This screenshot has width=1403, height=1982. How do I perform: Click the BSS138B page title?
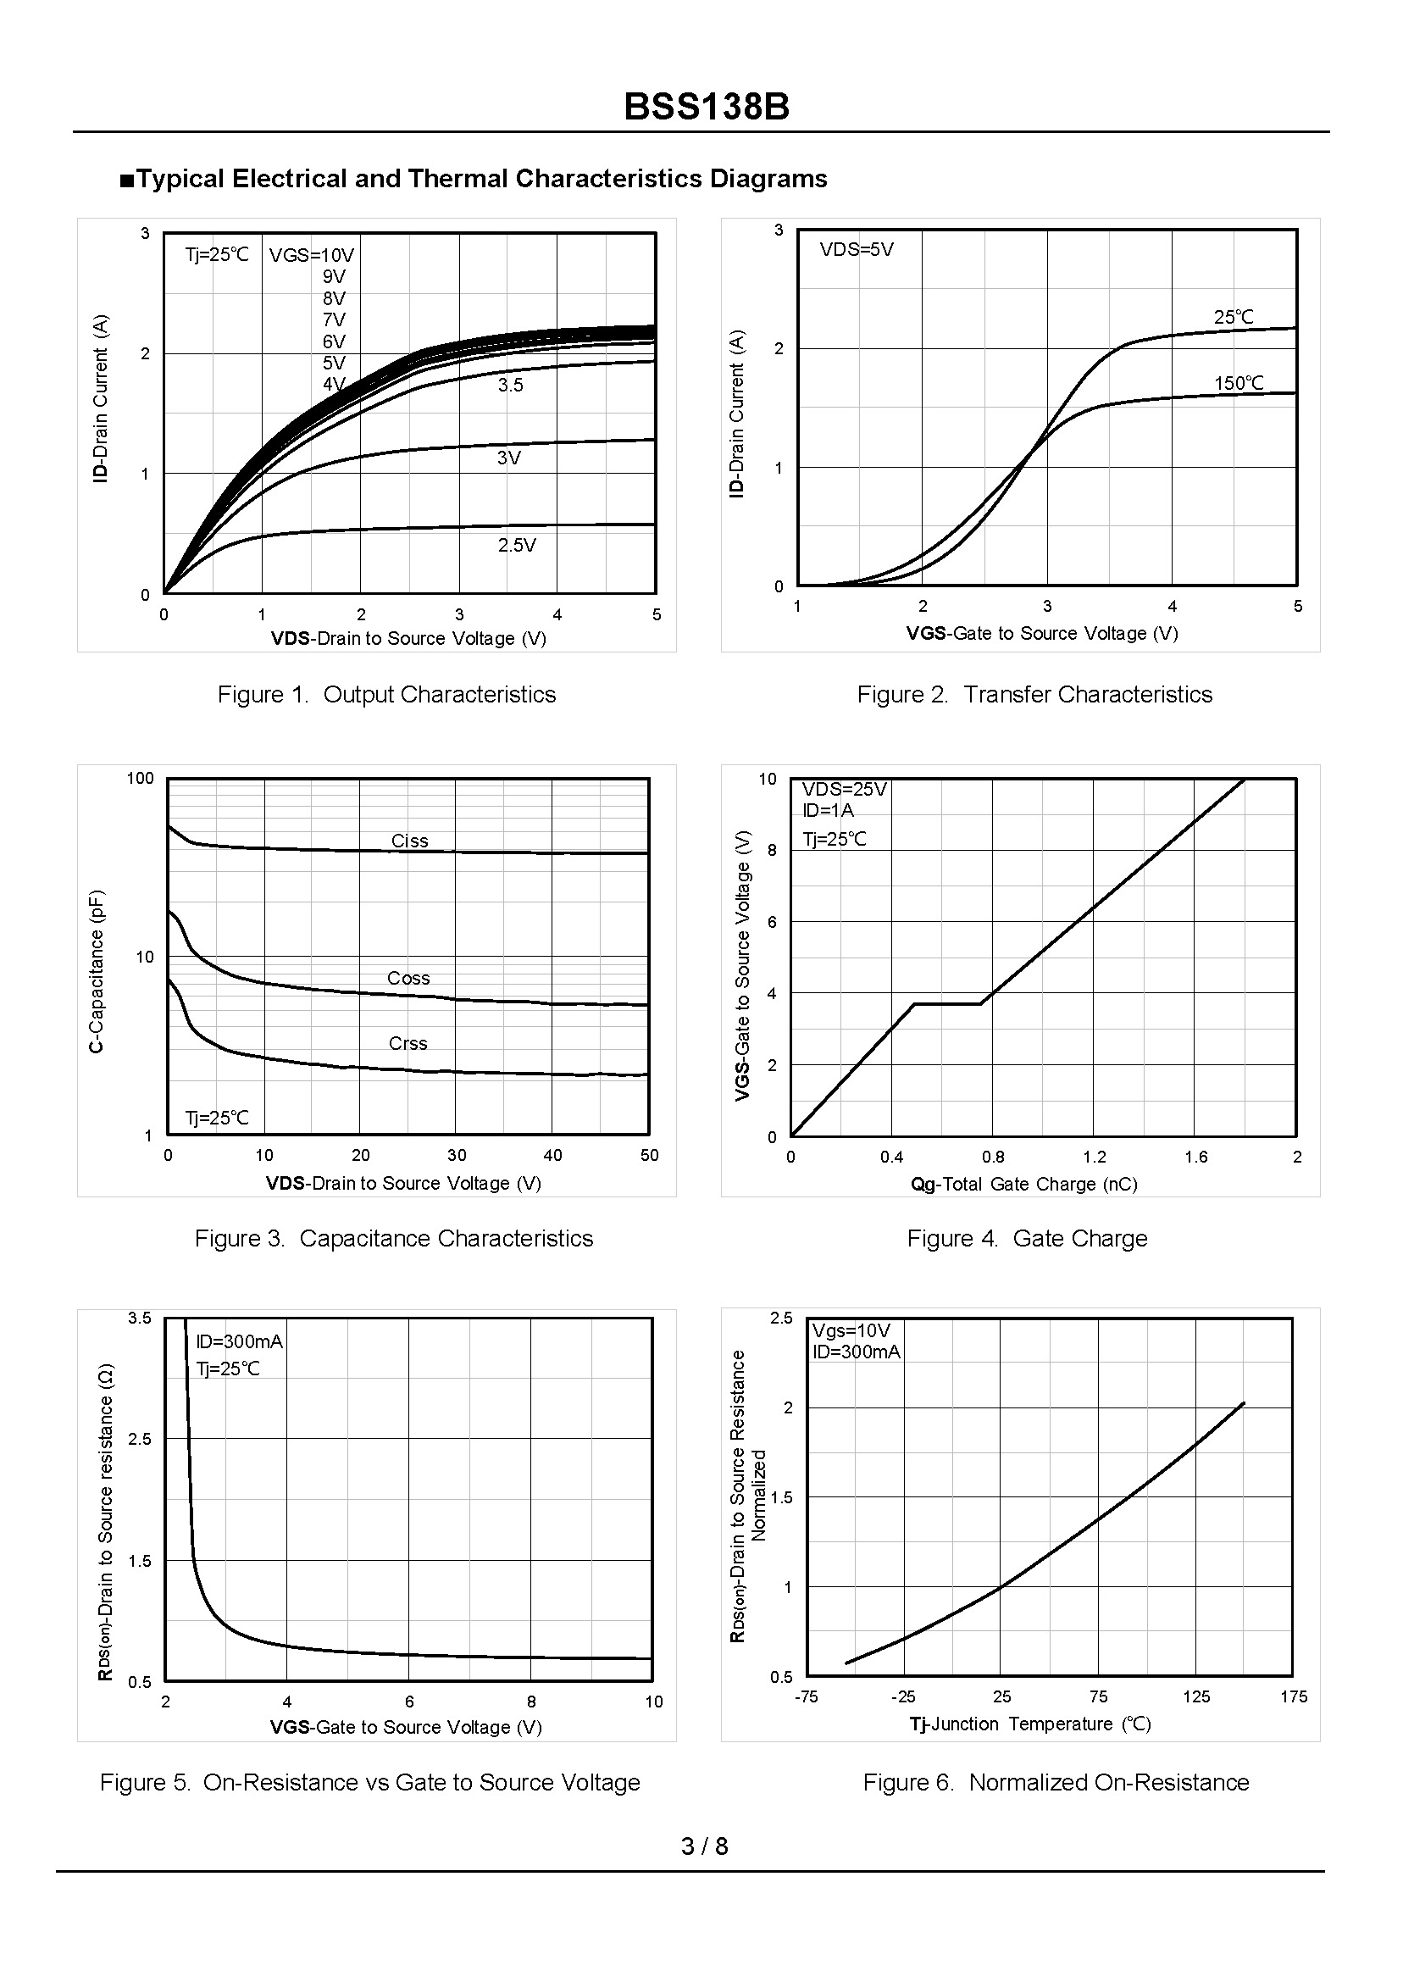pos(706,107)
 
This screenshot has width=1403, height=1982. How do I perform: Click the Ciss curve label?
pos(409,841)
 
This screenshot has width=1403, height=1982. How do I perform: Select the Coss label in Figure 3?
pos(408,978)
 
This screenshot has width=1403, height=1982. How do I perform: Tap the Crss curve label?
pos(408,1043)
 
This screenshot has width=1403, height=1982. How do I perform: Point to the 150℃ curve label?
pos(1238,383)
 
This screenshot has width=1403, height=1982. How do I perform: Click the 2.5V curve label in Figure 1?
pos(517,545)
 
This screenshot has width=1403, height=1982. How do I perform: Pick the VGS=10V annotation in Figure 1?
pos(312,255)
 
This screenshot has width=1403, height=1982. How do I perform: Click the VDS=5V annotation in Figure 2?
pos(857,250)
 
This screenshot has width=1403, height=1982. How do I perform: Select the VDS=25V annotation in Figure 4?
pos(844,789)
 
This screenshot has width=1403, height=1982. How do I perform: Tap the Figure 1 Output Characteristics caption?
pos(386,695)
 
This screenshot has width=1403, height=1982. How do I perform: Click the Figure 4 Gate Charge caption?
pos(1026,1238)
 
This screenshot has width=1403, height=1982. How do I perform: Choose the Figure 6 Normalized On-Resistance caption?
pos(1056,1781)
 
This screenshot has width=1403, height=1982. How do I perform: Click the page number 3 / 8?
pos(704,1846)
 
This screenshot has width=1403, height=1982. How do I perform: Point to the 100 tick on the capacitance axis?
pos(140,779)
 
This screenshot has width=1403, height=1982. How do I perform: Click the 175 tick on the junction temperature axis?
pos(1293,1697)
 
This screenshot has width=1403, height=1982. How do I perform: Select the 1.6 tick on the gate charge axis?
pos(1195,1157)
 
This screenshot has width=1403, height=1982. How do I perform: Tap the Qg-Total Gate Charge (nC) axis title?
pos(1023,1184)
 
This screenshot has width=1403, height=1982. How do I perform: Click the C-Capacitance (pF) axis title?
pos(97,970)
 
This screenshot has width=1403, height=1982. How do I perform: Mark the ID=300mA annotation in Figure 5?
pos(239,1341)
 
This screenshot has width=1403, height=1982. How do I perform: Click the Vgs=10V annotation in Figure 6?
pos(851,1331)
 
